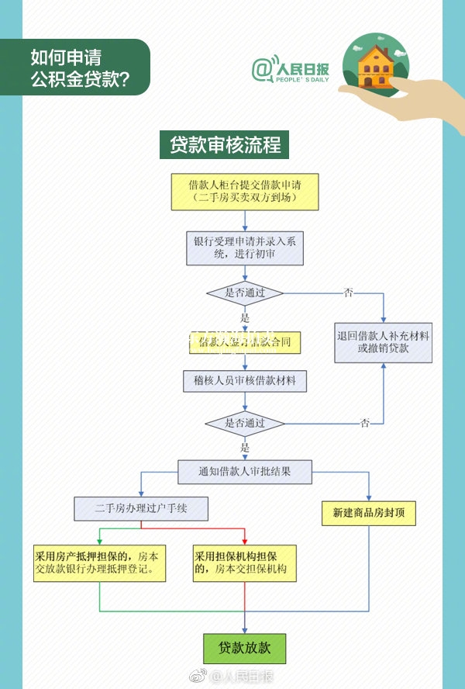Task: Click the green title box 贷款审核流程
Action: coord(225,145)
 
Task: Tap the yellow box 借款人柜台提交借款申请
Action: coord(245,192)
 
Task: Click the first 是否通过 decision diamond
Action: coord(245,293)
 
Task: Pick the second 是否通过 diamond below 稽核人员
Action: coord(245,424)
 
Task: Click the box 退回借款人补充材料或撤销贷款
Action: coord(384,341)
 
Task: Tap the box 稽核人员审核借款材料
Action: coord(245,381)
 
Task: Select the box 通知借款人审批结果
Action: coord(245,471)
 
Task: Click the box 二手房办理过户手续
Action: coord(141,509)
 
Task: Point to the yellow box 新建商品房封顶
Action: coord(369,513)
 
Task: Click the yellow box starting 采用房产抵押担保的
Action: coord(100,563)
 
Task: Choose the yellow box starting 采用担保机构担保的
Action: coord(245,563)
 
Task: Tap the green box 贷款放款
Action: coord(245,648)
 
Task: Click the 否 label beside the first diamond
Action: coord(349,293)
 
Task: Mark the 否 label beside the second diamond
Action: coord(365,423)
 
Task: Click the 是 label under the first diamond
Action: coord(245,318)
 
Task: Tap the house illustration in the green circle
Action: coord(376,66)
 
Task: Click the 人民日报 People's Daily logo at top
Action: coord(287,68)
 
